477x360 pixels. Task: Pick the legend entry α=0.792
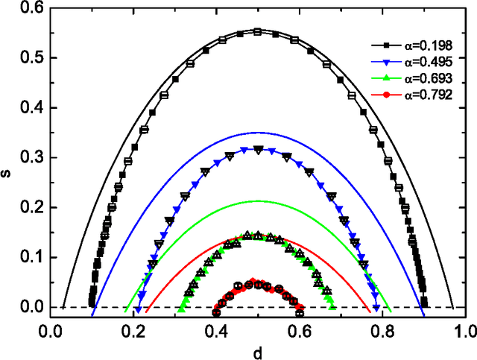416,96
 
